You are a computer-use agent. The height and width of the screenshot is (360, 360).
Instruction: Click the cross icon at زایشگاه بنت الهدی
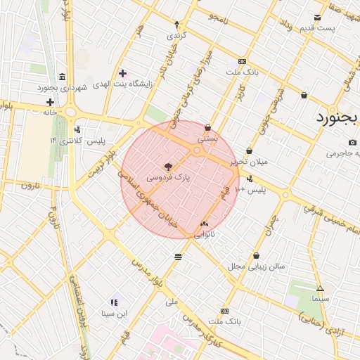(122, 73)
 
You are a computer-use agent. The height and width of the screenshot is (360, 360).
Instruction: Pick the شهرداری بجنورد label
(63, 88)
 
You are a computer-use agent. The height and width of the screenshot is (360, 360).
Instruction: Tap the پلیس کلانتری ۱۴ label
(77, 141)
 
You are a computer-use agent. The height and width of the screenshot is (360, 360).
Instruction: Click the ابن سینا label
(114, 313)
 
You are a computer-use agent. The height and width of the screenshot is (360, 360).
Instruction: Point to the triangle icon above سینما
(320, 288)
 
